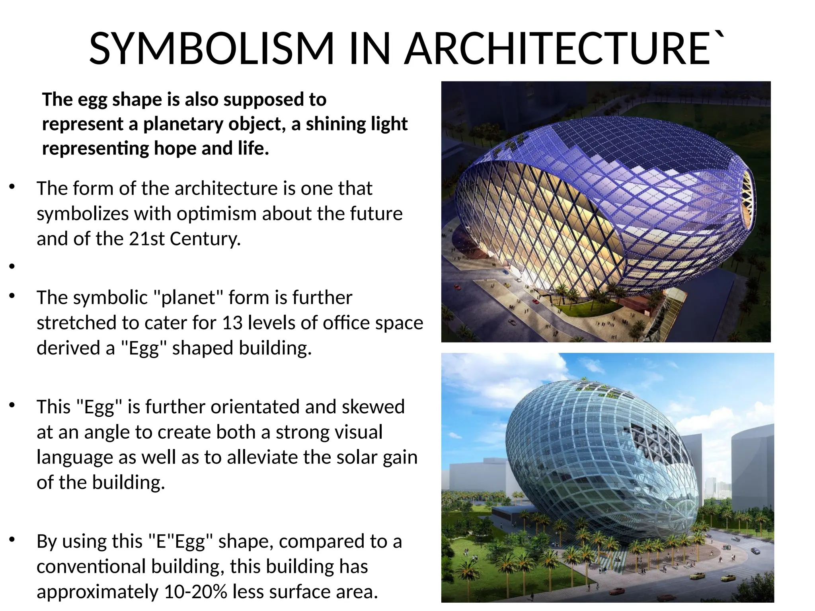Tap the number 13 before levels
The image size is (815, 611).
232,323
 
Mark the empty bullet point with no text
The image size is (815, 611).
12,266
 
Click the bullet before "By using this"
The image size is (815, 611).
12,540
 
